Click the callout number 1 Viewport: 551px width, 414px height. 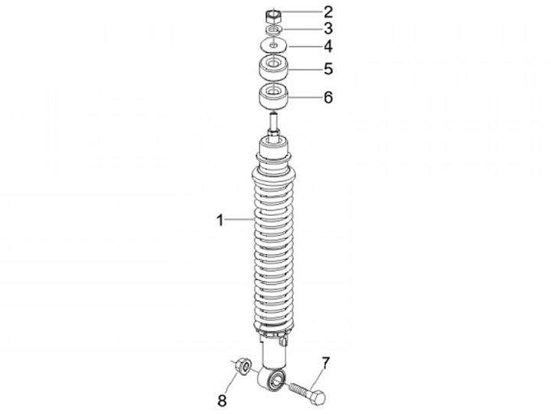(220, 220)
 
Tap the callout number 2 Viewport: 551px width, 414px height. (328, 12)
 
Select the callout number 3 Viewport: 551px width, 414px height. (328, 28)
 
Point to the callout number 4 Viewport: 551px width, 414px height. (328, 47)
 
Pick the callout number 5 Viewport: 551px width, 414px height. (328, 69)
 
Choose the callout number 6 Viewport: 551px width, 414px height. (328, 97)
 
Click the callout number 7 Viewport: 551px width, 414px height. (326, 363)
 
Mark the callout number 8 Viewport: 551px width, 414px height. (222, 401)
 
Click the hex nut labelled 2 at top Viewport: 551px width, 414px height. (273, 17)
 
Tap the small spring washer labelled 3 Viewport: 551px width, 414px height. (273, 30)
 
